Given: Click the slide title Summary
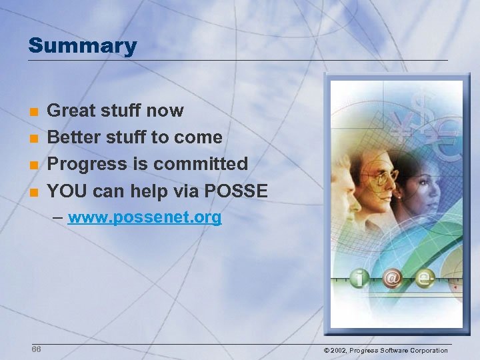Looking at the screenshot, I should [82, 46].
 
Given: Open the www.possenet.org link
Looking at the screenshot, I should [145, 217].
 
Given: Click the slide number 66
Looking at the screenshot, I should [37, 349].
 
